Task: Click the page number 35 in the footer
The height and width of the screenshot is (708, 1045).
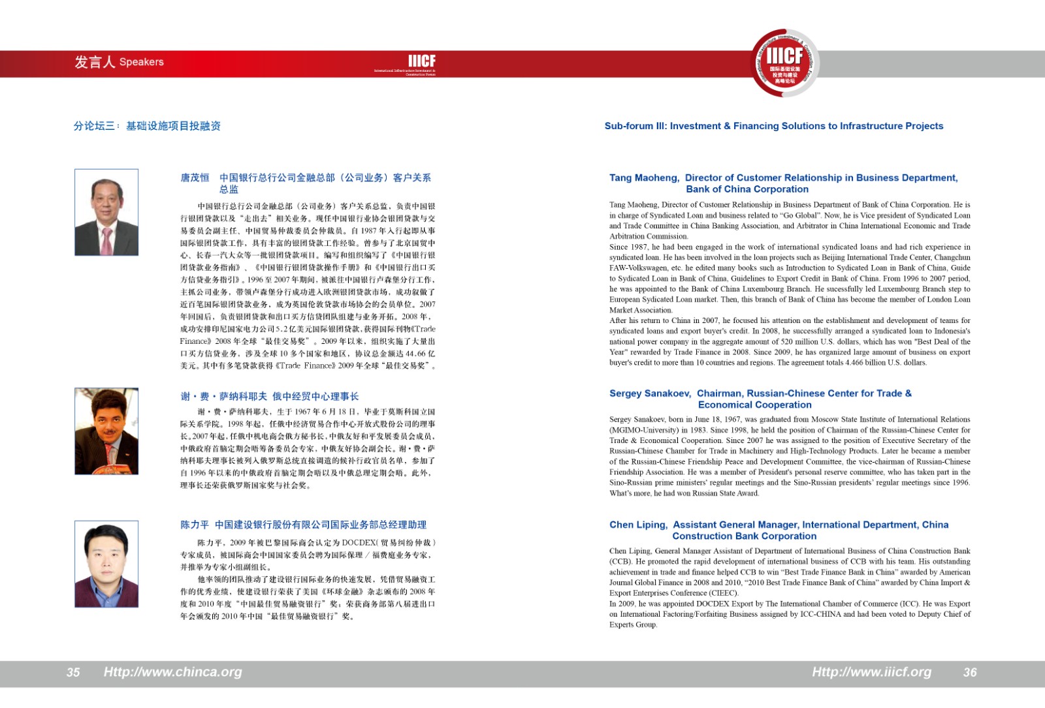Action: pos(73,672)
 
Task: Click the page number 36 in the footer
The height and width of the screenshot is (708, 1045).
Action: pos(970,672)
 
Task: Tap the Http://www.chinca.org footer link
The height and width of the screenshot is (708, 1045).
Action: pos(172,672)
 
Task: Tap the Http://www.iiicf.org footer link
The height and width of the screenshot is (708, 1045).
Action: pos(871,672)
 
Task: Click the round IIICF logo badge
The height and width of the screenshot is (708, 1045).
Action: pos(784,63)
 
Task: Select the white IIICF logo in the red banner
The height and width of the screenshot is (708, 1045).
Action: pos(421,61)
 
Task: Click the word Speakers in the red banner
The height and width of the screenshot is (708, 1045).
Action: pos(142,62)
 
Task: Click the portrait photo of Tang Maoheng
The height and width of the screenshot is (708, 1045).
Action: pos(106,212)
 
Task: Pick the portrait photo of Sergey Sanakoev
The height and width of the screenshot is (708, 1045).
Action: pos(106,431)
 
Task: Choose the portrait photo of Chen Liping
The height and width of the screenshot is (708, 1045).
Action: pos(106,564)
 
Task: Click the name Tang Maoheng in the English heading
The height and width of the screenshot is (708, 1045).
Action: pos(644,177)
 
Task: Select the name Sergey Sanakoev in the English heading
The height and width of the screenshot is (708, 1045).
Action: pos(650,393)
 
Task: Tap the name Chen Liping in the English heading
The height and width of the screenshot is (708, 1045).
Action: pos(638,525)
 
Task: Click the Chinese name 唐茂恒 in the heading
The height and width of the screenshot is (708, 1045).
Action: pos(195,177)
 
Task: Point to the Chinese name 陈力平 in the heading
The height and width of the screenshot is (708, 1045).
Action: pos(195,525)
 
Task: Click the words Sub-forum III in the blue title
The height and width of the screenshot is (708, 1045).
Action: pos(634,126)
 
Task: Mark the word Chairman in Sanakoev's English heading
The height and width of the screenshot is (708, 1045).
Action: pos(718,393)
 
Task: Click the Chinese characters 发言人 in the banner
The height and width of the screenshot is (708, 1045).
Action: pos(94,62)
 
